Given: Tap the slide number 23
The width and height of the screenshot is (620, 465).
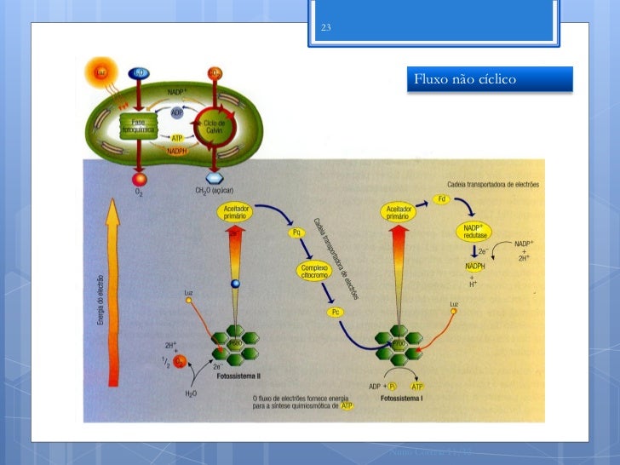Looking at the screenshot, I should pyautogui.click(x=324, y=29).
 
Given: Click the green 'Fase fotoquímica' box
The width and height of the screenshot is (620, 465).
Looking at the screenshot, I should pyautogui.click(x=138, y=127).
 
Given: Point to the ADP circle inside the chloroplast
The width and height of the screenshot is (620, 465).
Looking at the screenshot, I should pyautogui.click(x=177, y=112).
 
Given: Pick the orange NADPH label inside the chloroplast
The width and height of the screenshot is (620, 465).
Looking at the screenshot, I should pyautogui.click(x=177, y=151).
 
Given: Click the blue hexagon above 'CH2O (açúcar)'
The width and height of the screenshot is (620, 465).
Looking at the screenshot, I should pyautogui.click(x=215, y=179).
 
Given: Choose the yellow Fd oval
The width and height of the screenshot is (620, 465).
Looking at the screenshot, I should pyautogui.click(x=441, y=198).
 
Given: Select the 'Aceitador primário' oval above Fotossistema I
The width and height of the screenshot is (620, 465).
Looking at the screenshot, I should pyautogui.click(x=399, y=212).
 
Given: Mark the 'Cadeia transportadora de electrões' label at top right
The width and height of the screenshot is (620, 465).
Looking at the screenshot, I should pyautogui.click(x=491, y=184).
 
